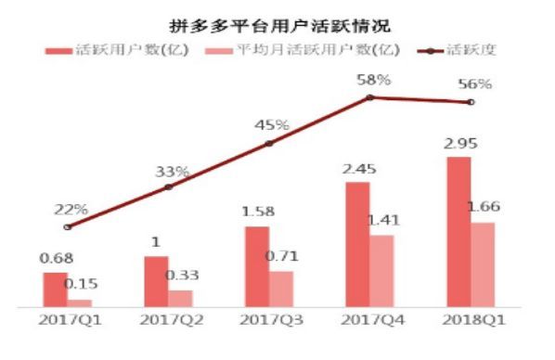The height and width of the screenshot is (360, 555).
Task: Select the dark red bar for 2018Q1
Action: tap(458, 231)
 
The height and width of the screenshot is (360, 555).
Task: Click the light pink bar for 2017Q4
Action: tap(381, 270)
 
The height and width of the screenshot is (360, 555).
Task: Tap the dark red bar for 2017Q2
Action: tap(156, 281)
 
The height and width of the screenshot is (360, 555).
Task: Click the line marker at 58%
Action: tap(370, 96)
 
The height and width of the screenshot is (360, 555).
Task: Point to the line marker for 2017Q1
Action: tap(67, 226)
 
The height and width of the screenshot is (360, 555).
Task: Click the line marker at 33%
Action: tap(168, 186)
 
